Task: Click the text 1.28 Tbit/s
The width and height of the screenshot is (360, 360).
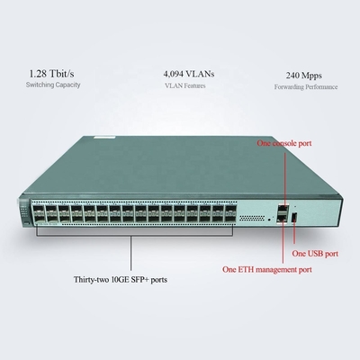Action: point(51,74)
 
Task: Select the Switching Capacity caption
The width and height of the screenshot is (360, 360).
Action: point(53,85)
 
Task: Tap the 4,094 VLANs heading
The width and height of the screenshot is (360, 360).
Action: point(189,74)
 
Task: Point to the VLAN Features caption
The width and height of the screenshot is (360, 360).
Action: point(185,85)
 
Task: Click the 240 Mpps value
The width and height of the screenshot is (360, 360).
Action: point(303,76)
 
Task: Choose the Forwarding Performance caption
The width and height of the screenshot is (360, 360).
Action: point(306,87)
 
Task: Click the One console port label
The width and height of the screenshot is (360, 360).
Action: point(284,143)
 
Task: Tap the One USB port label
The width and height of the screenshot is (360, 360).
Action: point(315,254)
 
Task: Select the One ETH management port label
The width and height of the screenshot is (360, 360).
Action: point(267,269)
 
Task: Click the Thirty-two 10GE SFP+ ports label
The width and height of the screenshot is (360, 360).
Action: point(121,280)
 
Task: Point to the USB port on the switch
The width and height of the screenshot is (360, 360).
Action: point(294,217)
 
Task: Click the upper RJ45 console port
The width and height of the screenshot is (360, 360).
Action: point(283,208)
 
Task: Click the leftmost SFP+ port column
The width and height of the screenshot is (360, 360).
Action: point(38,215)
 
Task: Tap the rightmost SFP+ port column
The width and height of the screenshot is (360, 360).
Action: point(230,213)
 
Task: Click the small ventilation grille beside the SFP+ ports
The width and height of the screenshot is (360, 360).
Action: point(252,218)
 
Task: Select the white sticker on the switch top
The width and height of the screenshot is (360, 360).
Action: point(103,137)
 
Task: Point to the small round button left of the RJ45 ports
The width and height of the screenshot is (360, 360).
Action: point(269,220)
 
